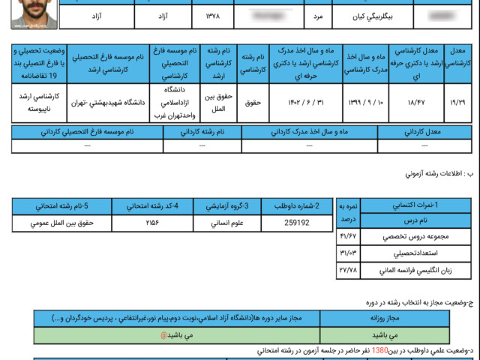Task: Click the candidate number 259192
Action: (x=297, y=223)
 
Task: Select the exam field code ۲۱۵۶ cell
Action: (x=152, y=223)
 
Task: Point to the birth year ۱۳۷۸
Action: (x=213, y=15)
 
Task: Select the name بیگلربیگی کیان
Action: (x=373, y=15)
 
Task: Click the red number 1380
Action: (x=380, y=350)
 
